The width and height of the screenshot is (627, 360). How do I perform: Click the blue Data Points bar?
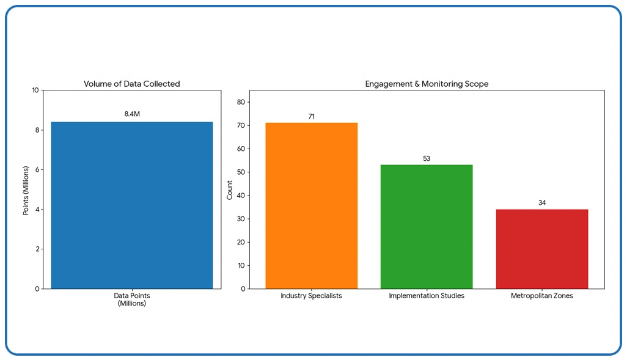point(132,205)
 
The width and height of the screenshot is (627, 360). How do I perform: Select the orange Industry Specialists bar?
point(311,206)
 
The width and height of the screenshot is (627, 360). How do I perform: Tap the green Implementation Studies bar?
point(427,227)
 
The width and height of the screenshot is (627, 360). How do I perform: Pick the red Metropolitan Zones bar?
point(541,249)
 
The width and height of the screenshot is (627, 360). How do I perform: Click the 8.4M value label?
point(132,114)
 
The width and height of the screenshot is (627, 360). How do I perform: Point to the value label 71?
point(311,116)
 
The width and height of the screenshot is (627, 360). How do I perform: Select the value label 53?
point(427,158)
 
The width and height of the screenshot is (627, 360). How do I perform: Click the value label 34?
point(541,202)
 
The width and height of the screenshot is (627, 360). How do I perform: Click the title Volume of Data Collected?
point(132,84)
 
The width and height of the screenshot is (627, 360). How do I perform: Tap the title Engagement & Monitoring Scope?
point(427,84)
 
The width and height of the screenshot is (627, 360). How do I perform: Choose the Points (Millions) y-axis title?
point(26,189)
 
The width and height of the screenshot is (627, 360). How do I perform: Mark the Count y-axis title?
point(230,189)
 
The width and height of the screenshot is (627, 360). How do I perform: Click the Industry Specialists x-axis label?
point(311,296)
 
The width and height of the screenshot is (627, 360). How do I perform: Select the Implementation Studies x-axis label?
point(427,296)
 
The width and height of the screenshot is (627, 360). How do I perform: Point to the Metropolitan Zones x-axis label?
point(541,296)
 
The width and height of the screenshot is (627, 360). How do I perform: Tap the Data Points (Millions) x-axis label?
point(132,299)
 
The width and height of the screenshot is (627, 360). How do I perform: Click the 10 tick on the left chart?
point(35,90)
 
